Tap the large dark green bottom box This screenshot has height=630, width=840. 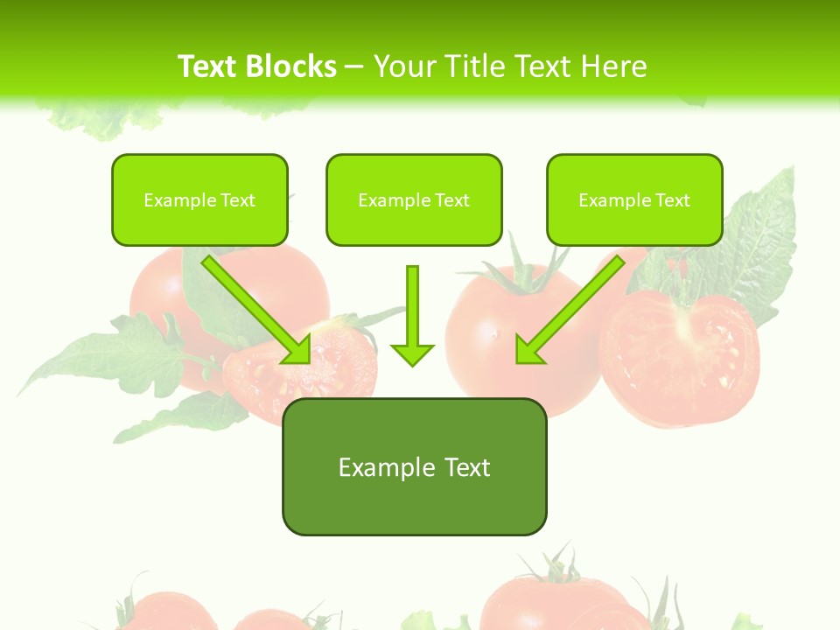[414, 499]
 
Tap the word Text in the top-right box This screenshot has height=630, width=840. [673, 200]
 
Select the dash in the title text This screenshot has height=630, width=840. [354, 66]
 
